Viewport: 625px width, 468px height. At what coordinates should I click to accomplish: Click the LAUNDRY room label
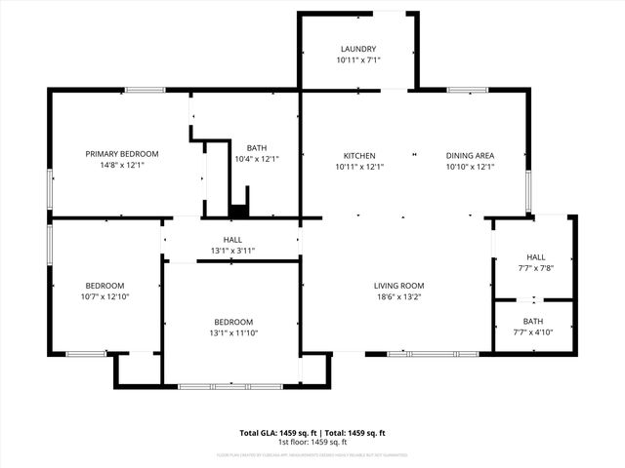(358, 49)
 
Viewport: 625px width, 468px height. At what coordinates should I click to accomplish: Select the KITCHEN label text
(358, 156)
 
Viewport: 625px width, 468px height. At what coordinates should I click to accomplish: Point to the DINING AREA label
(470, 156)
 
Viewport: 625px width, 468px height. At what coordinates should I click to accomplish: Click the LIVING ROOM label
(398, 286)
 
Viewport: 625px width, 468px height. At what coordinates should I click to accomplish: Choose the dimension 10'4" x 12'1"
(257, 159)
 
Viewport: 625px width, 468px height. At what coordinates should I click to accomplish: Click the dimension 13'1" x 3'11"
(232, 251)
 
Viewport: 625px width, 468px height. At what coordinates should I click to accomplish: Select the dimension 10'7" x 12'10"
(104, 296)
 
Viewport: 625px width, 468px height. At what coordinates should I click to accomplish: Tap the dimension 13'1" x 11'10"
(233, 333)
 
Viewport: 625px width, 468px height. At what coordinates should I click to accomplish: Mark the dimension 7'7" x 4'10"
(533, 332)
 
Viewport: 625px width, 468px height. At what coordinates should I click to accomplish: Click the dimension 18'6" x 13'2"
(398, 297)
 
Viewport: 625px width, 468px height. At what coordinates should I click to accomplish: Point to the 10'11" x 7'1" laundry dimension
(358, 60)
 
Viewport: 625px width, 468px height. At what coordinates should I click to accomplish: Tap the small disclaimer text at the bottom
(312, 455)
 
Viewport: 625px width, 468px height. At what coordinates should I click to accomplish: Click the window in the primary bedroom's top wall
(144, 91)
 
